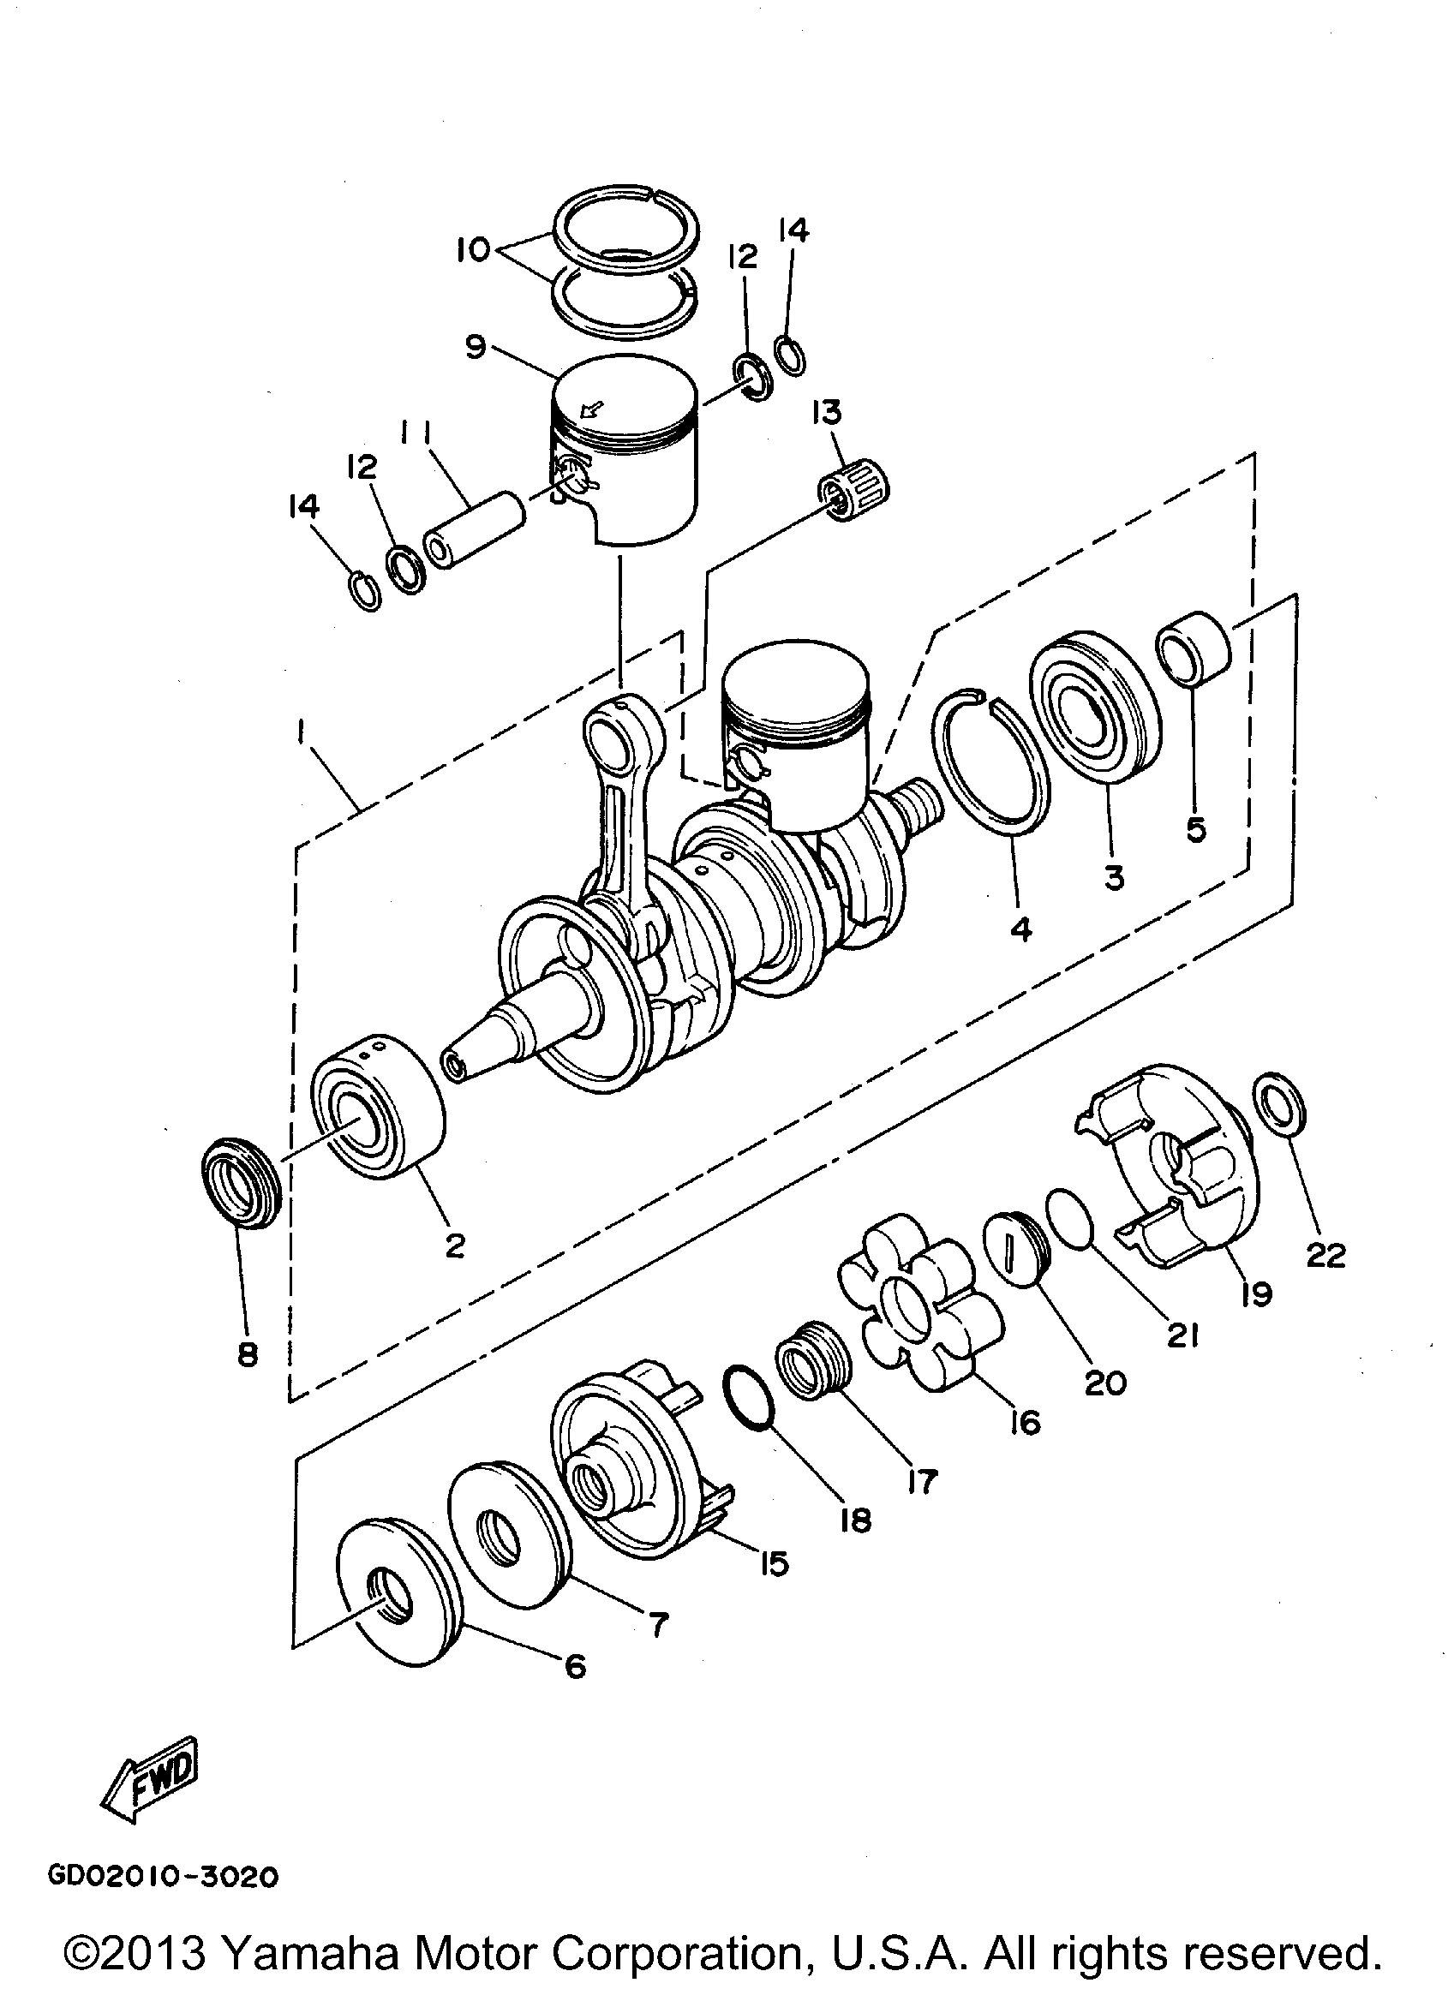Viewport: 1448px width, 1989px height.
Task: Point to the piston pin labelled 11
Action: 475,533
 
